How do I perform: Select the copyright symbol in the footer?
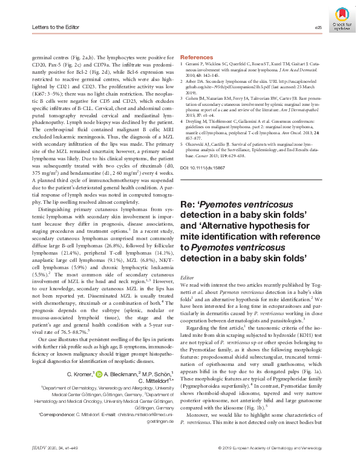coord(219,465)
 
